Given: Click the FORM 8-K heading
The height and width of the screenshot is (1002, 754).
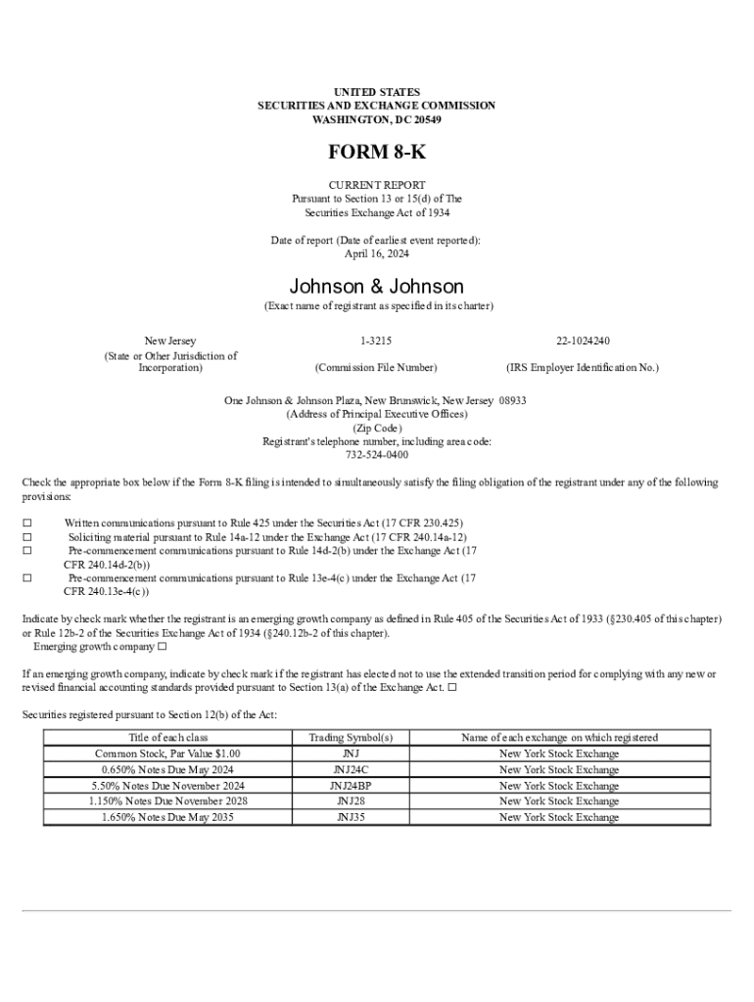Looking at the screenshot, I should [x=376, y=154].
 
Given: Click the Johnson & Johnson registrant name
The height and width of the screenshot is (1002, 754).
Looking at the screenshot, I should [x=376, y=287].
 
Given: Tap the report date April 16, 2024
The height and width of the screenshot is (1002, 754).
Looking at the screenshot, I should [x=376, y=253].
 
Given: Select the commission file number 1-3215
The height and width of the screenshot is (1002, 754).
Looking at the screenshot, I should [x=376, y=341].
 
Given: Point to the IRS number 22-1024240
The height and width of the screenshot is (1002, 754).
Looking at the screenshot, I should [x=583, y=341].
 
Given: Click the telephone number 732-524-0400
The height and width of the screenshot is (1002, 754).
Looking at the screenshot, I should [x=376, y=455].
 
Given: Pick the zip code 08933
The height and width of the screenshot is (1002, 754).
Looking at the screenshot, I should [x=512, y=400].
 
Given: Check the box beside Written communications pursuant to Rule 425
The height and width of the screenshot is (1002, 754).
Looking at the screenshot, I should [x=27, y=524].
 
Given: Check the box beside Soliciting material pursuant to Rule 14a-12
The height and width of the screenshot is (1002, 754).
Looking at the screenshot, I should [x=27, y=537].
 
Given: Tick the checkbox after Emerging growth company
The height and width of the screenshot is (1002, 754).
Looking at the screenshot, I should [x=163, y=647].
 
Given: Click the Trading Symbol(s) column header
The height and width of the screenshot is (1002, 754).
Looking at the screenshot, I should [x=351, y=738].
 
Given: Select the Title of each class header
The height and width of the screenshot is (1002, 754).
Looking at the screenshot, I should [x=168, y=738].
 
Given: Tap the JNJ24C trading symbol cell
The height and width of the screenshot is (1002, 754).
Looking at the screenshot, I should [x=351, y=770].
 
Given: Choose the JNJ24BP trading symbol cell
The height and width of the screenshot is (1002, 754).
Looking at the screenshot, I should [x=351, y=786].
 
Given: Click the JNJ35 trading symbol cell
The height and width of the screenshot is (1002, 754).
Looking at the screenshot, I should [x=351, y=817].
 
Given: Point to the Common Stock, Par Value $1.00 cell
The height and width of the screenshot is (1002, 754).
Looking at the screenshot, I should [x=168, y=754].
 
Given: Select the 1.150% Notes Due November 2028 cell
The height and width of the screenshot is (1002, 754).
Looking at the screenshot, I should [x=168, y=801].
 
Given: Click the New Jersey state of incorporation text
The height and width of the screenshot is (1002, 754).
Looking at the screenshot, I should [x=170, y=341].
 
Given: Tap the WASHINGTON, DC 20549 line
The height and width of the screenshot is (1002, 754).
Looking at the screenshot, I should [x=376, y=119].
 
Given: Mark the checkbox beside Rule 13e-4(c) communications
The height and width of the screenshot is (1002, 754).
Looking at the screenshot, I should [x=27, y=578].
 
